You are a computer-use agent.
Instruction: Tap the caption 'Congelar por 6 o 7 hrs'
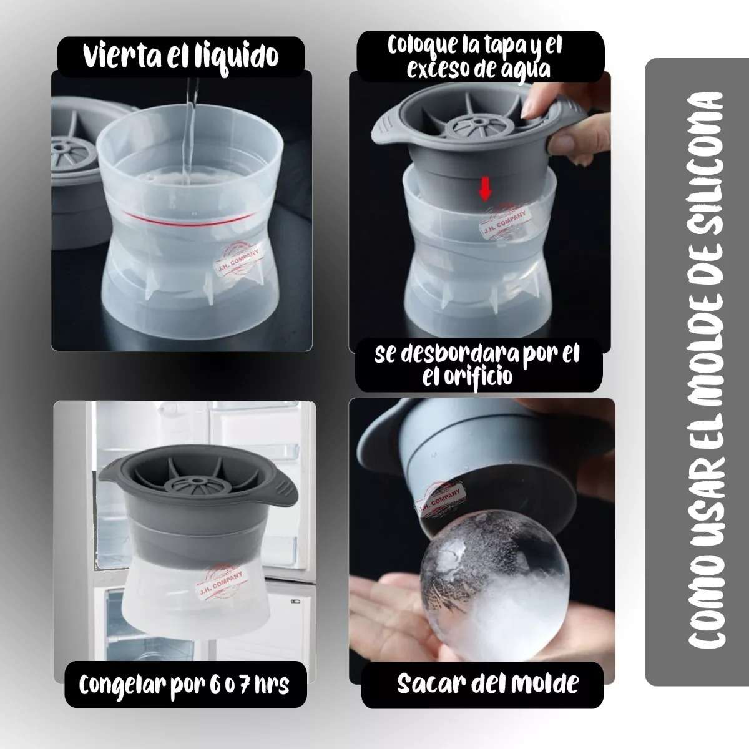(x=184, y=685)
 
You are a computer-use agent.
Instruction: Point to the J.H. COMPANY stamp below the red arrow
(x=504, y=223)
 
